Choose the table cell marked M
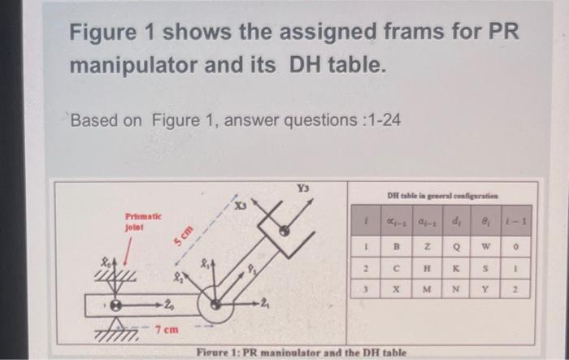426,290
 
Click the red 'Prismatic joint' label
144,223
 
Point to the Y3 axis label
302,188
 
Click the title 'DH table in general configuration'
443,195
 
